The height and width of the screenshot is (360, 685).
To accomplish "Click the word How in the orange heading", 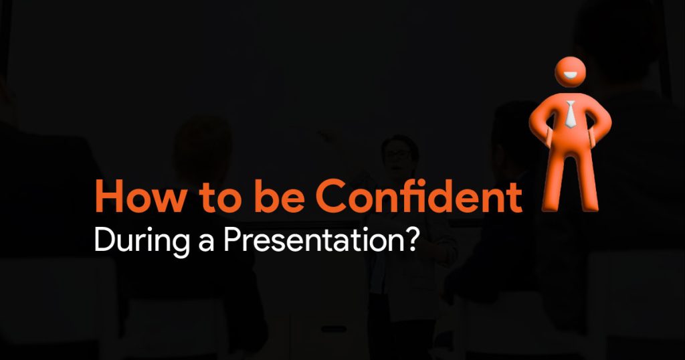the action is pyautogui.click(x=140, y=197).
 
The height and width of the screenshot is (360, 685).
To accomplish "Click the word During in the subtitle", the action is pyautogui.click(x=142, y=241).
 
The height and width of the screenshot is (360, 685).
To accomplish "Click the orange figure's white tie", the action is pyautogui.click(x=570, y=114).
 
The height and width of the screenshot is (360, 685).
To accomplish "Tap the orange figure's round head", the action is pyautogui.click(x=570, y=72).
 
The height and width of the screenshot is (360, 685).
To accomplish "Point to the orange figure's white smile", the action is pyautogui.click(x=570, y=76).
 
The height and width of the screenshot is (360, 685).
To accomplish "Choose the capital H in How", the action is pyautogui.click(x=108, y=197).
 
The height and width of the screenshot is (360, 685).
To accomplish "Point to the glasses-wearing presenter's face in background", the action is pyautogui.click(x=397, y=154).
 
